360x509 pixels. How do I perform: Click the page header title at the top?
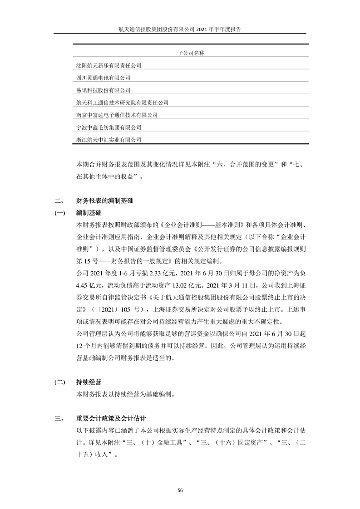pyautogui.click(x=180, y=29)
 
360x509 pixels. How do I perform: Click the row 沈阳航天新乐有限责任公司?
pyautogui.click(x=109, y=66)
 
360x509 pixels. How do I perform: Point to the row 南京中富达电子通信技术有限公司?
pyautogui.click(x=117, y=115)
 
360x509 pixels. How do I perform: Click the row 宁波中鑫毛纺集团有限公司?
pyautogui.click(x=109, y=127)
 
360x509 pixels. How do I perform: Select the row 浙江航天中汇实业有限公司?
pyautogui.click(x=109, y=140)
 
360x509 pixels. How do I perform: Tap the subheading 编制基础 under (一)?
pyautogui.click(x=89, y=213)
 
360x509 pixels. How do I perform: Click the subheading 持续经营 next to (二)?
pyautogui.click(x=89, y=382)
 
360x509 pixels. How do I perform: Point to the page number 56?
pyautogui.click(x=180, y=490)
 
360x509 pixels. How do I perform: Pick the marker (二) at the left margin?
pyautogui.click(x=59, y=382)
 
